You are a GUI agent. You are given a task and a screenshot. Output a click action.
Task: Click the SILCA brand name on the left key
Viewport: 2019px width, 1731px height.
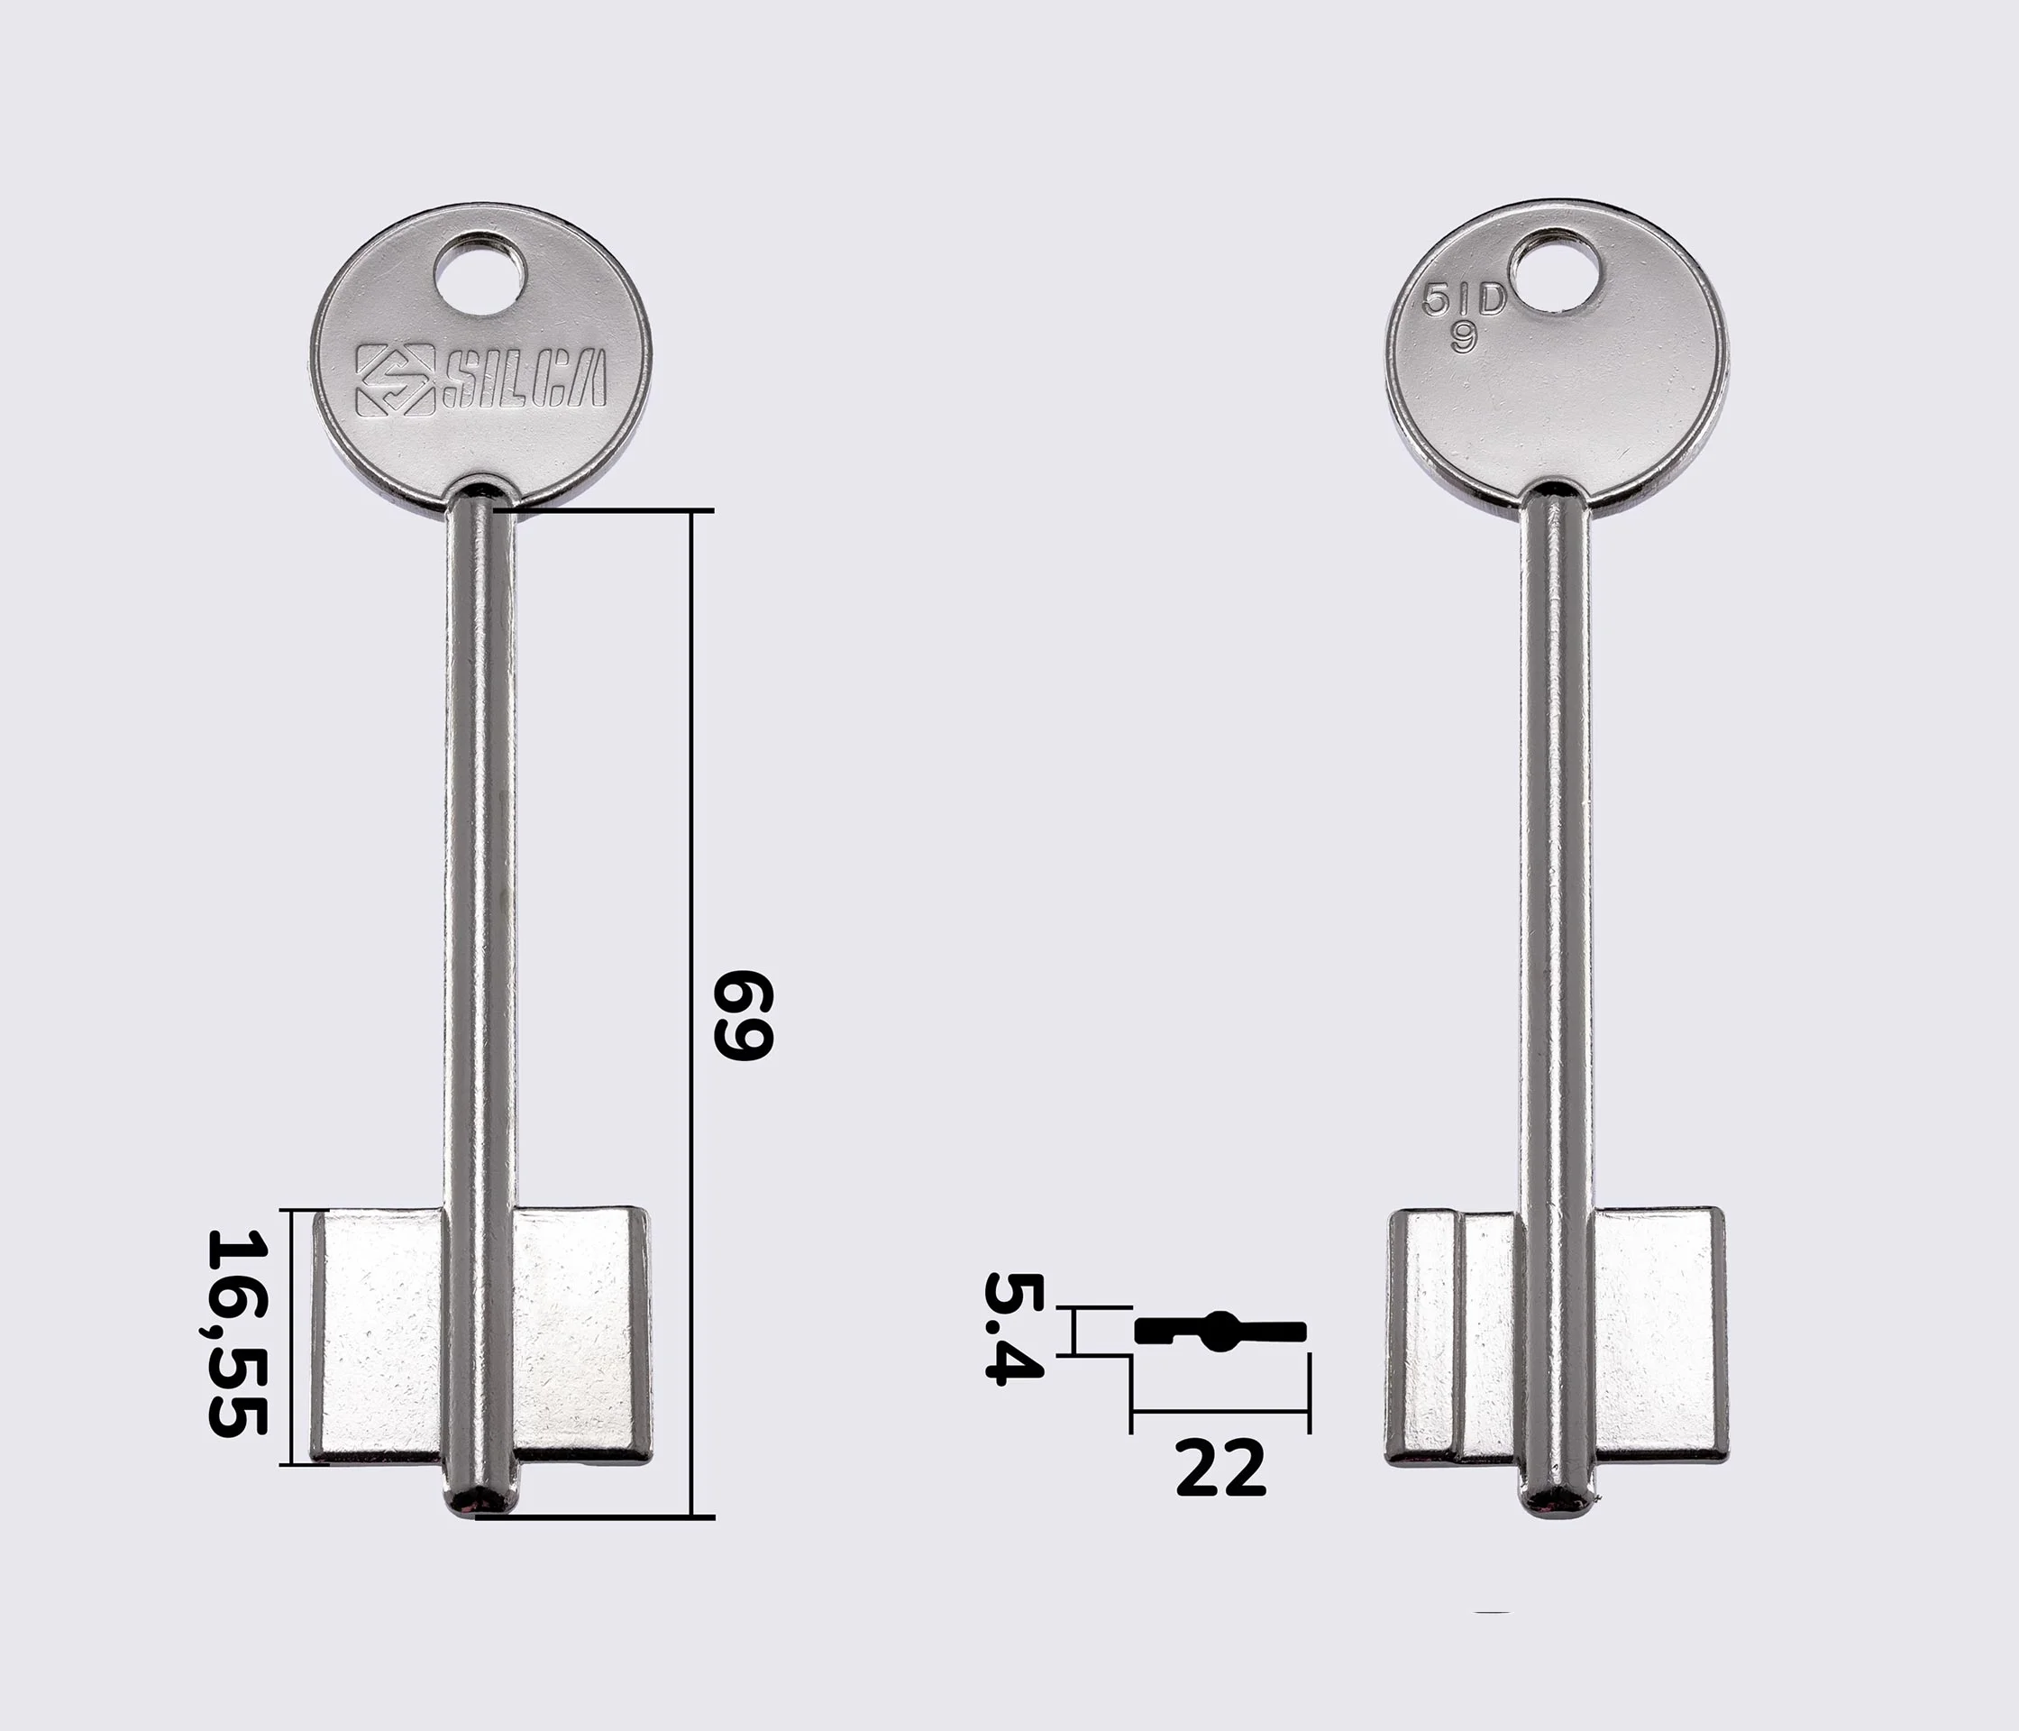[524, 378]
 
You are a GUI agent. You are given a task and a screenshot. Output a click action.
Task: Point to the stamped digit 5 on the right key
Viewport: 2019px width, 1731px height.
[1434, 299]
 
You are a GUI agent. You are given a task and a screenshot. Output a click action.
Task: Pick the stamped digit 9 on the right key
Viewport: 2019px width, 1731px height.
[1464, 336]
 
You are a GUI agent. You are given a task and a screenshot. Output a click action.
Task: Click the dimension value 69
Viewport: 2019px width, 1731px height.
[744, 1014]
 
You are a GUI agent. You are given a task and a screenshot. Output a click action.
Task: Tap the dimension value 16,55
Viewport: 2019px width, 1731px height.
[237, 1333]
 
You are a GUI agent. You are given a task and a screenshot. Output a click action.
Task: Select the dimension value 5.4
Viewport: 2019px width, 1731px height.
[1013, 1326]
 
